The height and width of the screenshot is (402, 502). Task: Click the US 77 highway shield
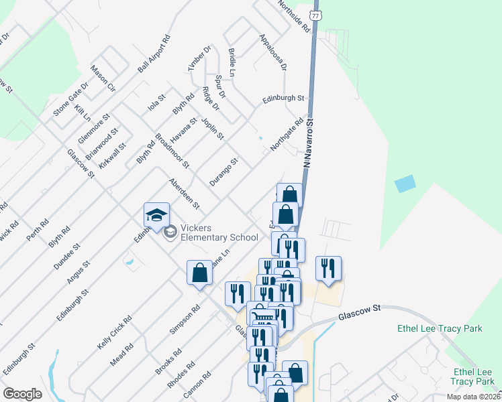[317, 14]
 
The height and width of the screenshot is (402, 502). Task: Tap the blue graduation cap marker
[156, 216]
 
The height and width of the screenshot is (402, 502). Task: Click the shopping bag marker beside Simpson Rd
[199, 273]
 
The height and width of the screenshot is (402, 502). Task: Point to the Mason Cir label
[103, 80]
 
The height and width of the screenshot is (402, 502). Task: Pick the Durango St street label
[223, 172]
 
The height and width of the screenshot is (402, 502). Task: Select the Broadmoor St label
[172, 151]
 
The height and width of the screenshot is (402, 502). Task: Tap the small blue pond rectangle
[405, 183]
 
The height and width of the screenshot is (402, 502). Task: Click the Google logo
[23, 394]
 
